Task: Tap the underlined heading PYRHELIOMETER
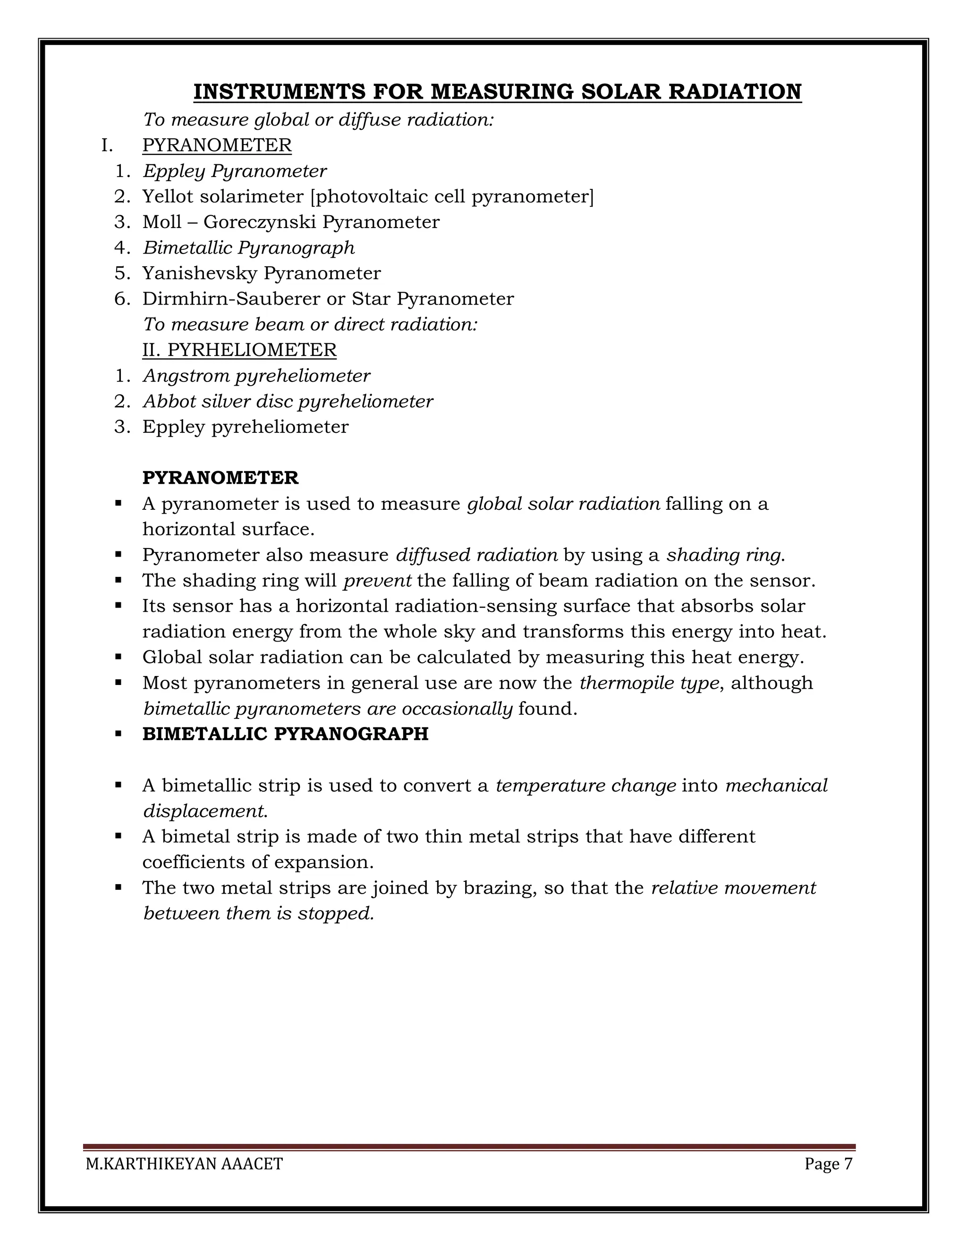tap(252, 350)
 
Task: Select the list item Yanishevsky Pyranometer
tap(261, 273)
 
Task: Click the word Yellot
tap(167, 196)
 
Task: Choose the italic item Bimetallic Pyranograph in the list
tap(249, 248)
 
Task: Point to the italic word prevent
tap(377, 581)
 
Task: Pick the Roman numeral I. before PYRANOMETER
tap(107, 145)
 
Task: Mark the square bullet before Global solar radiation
tap(119, 657)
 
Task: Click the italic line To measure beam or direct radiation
tap(310, 325)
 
